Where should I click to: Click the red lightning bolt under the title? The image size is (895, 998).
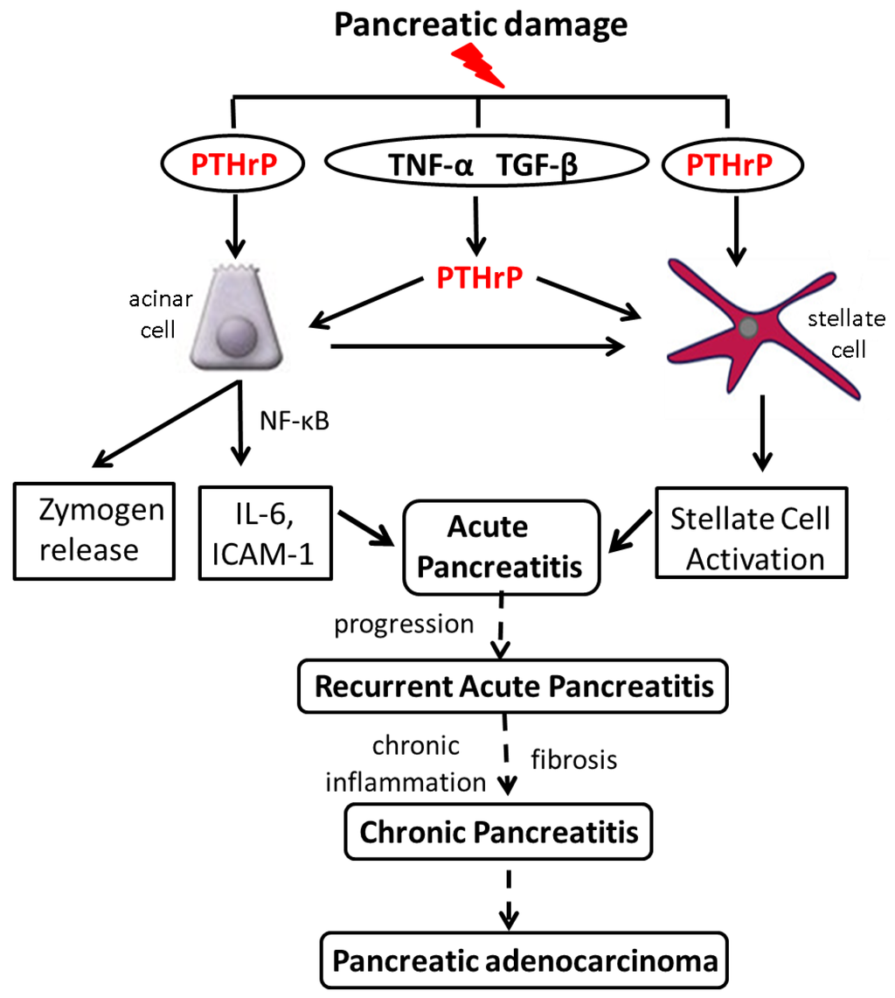[478, 69]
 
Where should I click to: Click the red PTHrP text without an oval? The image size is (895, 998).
[479, 277]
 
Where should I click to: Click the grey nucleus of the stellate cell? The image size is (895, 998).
[748, 329]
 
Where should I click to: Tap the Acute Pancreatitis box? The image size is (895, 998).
[501, 547]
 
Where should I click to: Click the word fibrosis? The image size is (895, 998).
[574, 759]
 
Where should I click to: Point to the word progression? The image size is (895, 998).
[404, 625]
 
